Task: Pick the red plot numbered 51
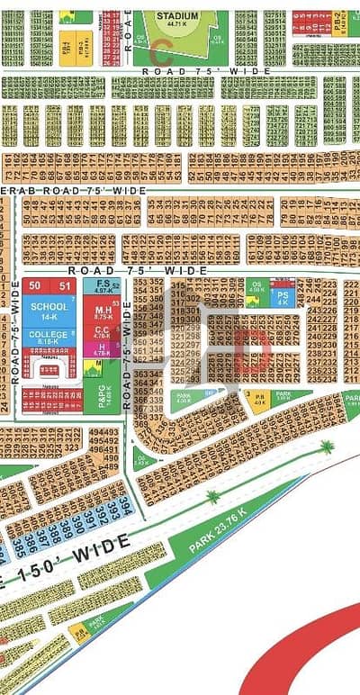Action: click(x=63, y=286)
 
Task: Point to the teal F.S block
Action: click(x=103, y=287)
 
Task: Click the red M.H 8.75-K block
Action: click(x=103, y=314)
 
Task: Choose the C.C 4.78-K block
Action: click(x=103, y=333)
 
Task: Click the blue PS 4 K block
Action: click(x=283, y=297)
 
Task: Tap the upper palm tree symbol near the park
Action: click(x=327, y=447)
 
